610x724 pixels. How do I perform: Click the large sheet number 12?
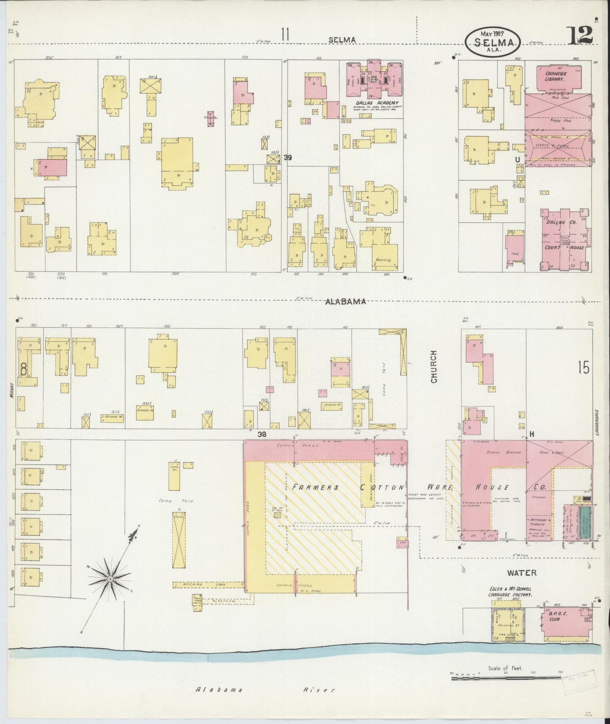tap(581, 35)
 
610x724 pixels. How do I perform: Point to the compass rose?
tap(109, 578)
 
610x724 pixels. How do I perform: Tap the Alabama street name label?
tap(345, 302)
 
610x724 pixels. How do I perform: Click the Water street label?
tap(522, 573)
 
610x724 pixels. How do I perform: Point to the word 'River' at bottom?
tap(319, 690)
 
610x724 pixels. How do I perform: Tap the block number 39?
tap(288, 158)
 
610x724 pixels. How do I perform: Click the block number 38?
tap(262, 434)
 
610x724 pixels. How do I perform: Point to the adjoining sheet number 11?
tap(285, 35)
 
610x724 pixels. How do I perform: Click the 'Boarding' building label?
tap(382, 260)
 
